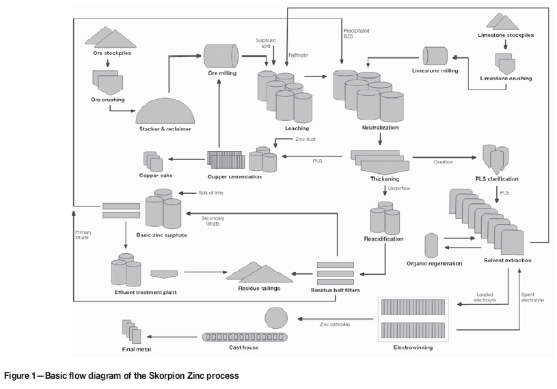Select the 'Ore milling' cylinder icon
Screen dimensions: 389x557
tap(221, 55)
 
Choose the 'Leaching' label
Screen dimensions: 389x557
tap(297, 128)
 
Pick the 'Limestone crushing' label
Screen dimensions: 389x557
tap(506, 79)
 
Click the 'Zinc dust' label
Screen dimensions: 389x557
tap(305, 139)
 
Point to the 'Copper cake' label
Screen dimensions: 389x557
tap(156, 176)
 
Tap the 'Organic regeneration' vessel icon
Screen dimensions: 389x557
tap(431, 244)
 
